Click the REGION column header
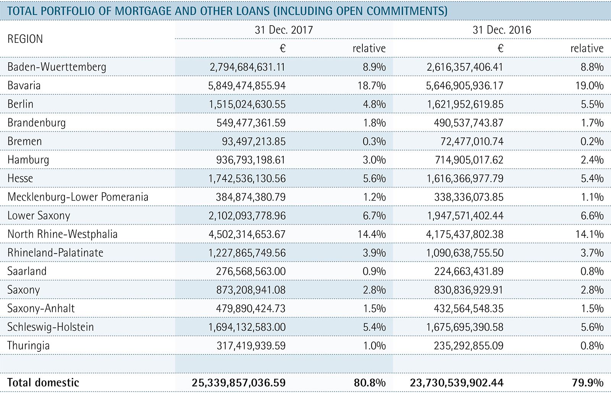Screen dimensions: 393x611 25,39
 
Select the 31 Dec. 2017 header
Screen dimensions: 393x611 283,30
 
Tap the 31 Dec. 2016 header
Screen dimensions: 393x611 501,30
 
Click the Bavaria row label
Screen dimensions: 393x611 24,85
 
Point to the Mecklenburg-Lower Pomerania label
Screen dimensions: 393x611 78,197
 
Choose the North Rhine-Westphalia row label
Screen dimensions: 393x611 63,234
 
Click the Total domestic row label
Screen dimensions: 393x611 43,382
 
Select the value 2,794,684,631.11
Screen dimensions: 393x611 247,67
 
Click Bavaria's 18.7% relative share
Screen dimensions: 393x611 371,85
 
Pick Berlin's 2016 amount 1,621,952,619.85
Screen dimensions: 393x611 465,104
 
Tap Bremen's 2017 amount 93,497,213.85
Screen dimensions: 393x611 254,141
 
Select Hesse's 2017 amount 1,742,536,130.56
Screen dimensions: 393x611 247,178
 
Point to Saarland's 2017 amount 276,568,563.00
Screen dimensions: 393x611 251,271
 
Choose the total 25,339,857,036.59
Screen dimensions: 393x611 239,382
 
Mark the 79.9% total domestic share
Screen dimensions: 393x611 588,382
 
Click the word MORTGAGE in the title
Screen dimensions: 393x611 142,11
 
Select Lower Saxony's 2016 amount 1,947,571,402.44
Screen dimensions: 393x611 465,215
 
